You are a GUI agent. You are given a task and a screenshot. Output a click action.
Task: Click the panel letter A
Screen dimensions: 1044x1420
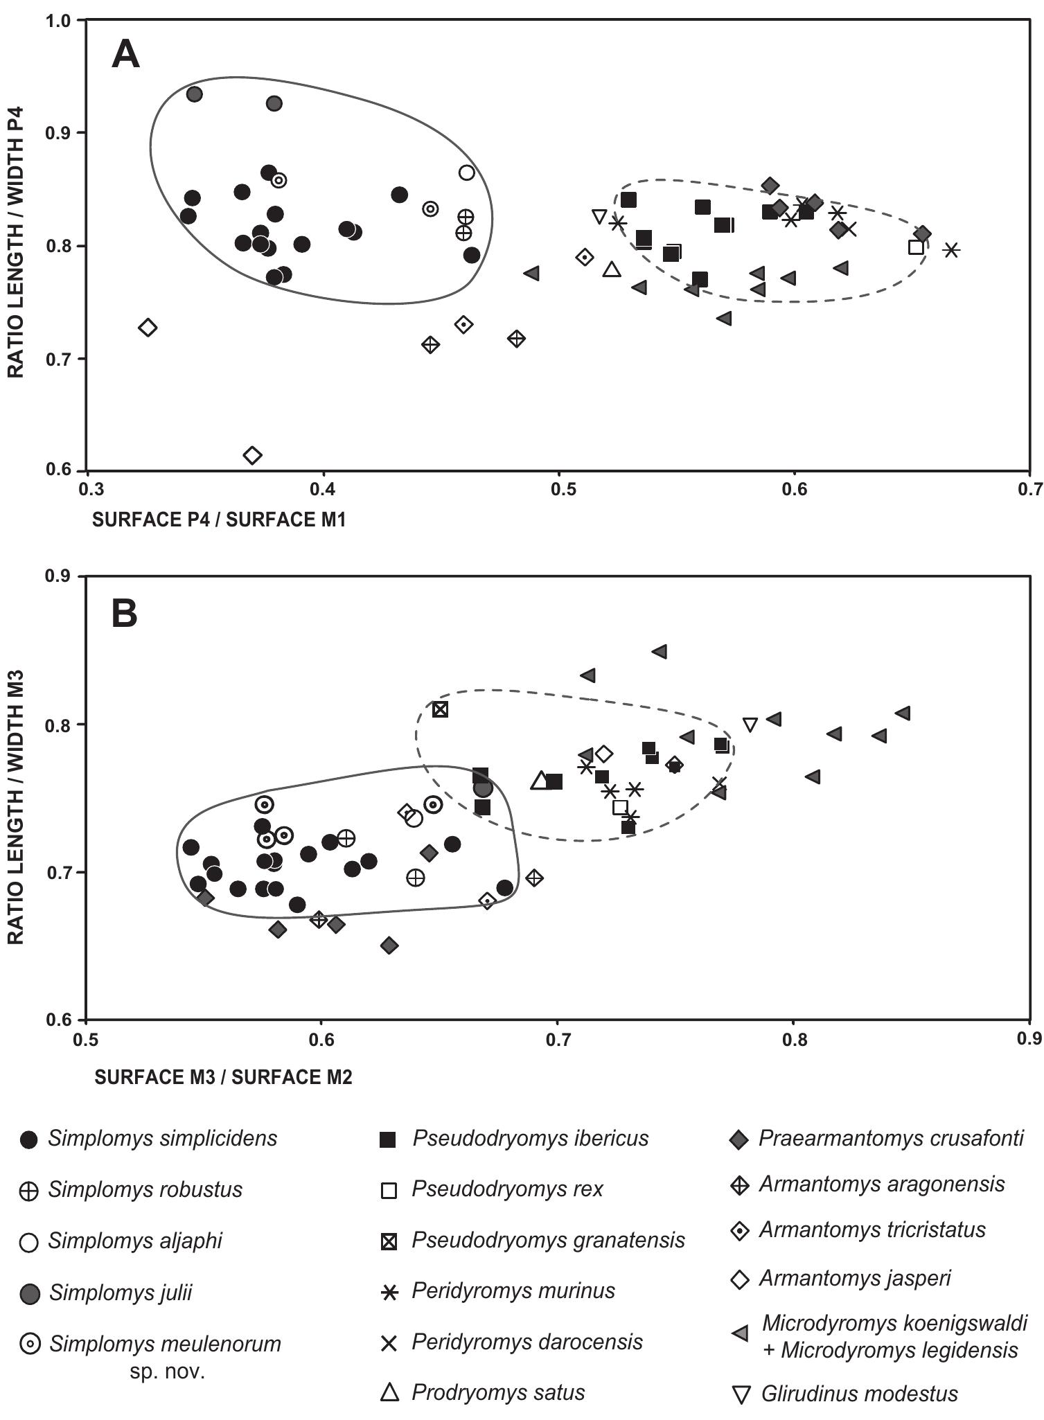coord(125,54)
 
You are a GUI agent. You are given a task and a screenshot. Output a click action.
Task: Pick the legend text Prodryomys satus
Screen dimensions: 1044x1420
coord(498,1393)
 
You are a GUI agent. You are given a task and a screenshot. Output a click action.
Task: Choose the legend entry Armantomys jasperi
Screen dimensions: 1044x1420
coord(855,1278)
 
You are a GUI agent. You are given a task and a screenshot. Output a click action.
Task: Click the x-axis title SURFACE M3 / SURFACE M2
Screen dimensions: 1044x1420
coord(224,1077)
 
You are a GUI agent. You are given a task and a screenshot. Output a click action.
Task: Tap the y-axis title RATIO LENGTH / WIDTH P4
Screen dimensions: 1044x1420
coord(16,242)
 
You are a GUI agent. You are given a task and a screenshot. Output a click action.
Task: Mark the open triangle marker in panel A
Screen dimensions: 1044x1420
coord(611,269)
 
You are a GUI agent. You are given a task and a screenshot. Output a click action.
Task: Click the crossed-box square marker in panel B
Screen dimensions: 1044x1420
coord(441,709)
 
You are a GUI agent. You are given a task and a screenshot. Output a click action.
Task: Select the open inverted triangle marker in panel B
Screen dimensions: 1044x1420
coord(750,725)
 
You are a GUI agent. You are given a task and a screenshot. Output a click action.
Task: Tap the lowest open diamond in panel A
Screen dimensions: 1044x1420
coord(253,455)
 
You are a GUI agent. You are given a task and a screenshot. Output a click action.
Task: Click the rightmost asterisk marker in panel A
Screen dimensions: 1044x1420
coord(951,250)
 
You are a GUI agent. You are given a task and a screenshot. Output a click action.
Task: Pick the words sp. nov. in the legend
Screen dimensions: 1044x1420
coord(167,1372)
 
